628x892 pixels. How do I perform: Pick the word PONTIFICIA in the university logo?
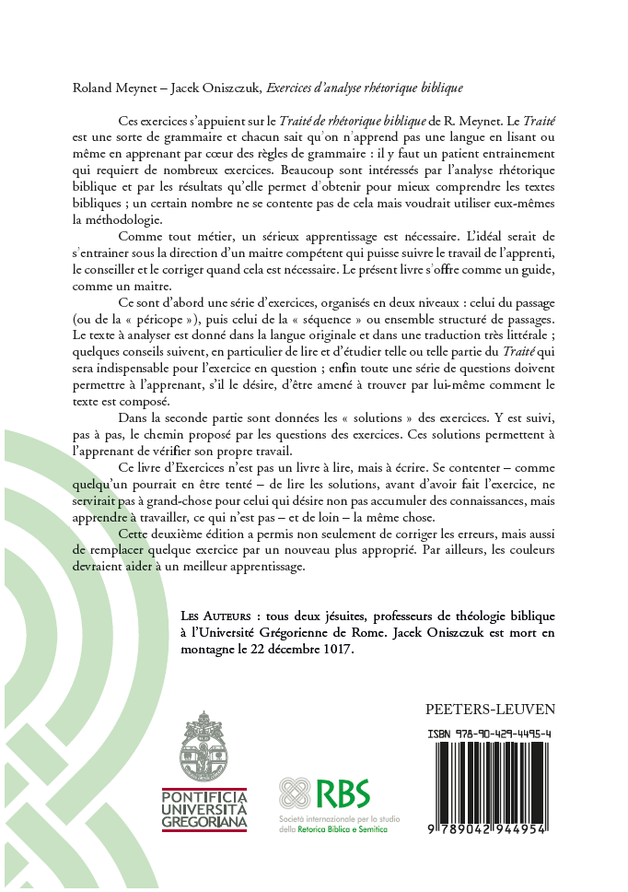(204, 794)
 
